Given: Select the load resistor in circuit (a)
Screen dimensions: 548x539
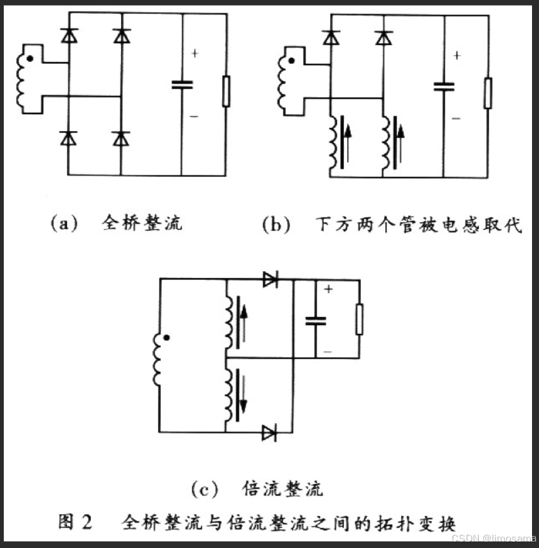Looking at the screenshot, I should coord(225,91).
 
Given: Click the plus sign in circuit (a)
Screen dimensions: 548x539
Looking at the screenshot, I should coord(194,54).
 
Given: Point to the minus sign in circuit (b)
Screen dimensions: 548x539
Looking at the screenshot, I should coord(456,118).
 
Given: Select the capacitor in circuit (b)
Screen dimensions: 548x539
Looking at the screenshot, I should coord(444,86).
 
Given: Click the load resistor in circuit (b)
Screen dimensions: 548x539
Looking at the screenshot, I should coord(488,93).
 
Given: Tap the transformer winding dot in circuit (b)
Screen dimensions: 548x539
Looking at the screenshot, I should coord(291,62).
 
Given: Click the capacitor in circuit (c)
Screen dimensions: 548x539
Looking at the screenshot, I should coord(315,321).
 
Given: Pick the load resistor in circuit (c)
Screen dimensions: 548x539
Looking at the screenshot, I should coord(359,319).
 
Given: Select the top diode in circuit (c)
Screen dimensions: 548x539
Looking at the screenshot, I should coord(270,279).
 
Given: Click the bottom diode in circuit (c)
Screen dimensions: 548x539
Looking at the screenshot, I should coord(269,433).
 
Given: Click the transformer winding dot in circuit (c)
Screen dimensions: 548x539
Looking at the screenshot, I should coord(166,338).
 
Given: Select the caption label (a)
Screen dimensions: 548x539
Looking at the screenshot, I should coord(63,224).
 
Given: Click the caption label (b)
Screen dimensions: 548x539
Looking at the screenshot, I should coord(276,225).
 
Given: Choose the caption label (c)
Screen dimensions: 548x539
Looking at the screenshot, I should coord(205,489).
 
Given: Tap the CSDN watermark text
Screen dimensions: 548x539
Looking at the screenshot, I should coord(494,537).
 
